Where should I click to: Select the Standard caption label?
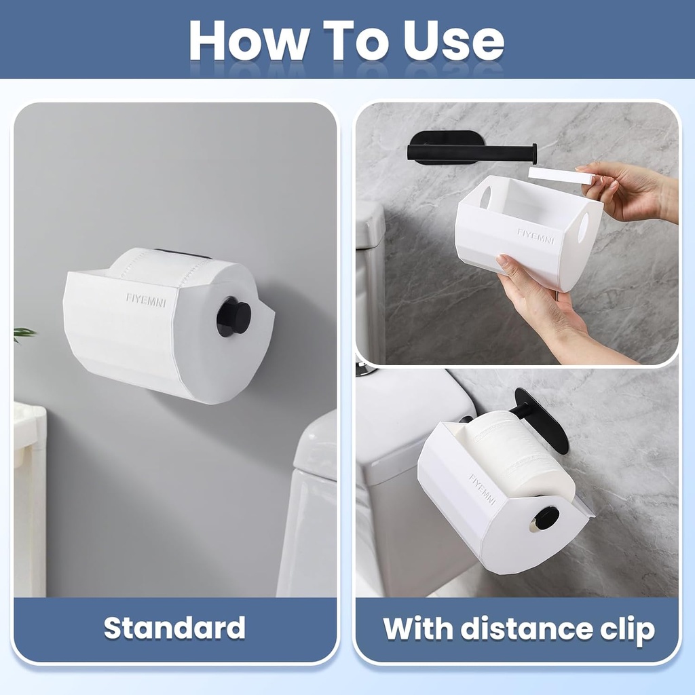pos(174,628)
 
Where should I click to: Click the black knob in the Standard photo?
pos(234,316)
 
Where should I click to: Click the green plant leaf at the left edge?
pos(24,333)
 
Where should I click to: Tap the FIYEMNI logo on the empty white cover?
pos(536,235)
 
